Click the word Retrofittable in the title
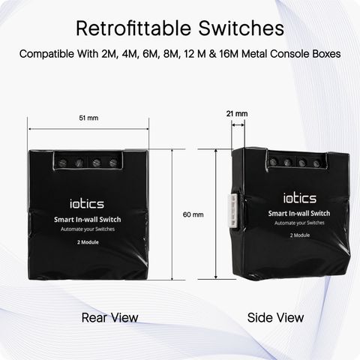(x=133, y=28)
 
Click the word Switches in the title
(x=241, y=28)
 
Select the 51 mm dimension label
(x=88, y=118)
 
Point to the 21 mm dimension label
(x=237, y=114)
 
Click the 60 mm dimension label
(x=193, y=214)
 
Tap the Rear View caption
(x=109, y=318)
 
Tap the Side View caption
(x=275, y=318)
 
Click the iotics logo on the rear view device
(x=87, y=203)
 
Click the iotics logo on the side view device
(x=300, y=198)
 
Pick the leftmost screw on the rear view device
(x=61, y=163)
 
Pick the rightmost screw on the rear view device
(x=113, y=163)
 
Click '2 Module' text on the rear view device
(x=88, y=242)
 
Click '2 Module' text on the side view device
(x=300, y=235)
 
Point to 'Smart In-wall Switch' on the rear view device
(x=88, y=220)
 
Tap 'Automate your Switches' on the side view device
(x=299, y=223)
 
